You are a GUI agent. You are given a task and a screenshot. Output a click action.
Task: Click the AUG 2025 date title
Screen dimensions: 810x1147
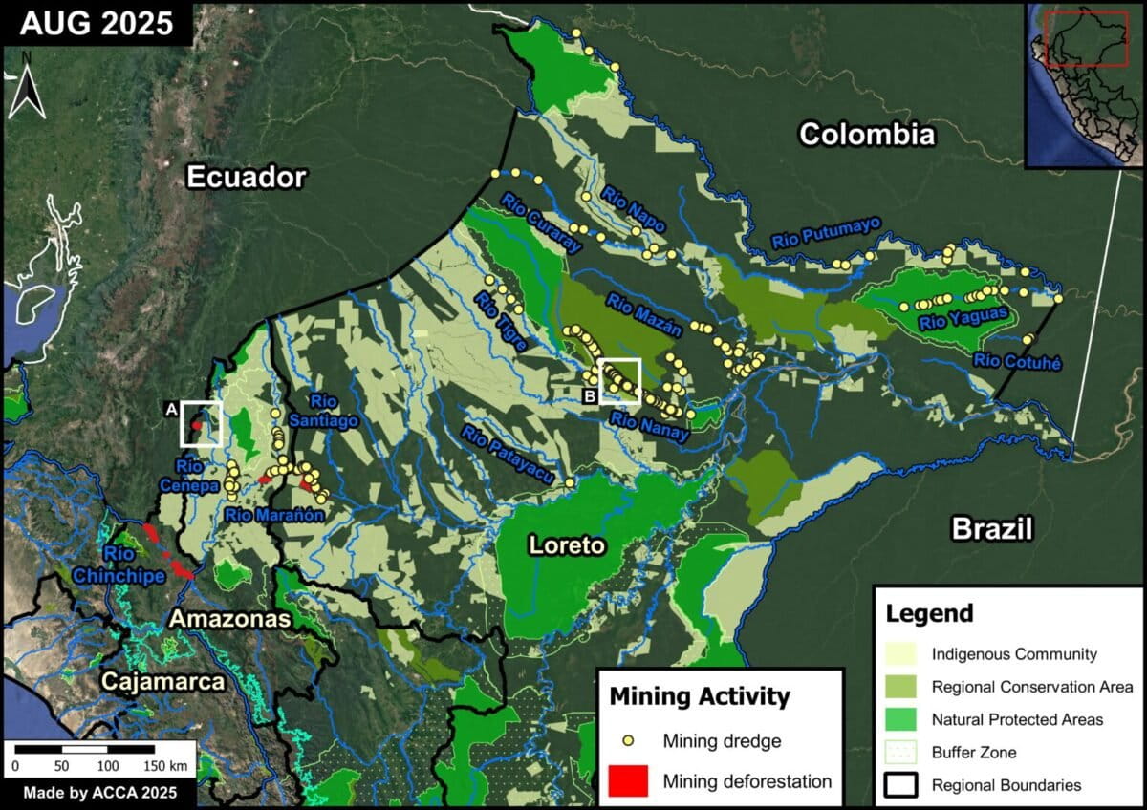point(96,24)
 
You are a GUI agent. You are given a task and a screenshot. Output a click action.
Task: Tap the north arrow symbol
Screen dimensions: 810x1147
point(28,86)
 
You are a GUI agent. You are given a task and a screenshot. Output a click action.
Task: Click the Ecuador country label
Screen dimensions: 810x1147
point(246,177)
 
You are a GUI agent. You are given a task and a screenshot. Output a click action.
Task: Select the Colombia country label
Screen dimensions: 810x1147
point(866,134)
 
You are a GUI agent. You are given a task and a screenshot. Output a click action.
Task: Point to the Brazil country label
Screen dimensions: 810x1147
point(992,528)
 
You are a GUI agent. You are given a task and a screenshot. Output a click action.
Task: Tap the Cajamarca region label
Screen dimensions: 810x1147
point(163,682)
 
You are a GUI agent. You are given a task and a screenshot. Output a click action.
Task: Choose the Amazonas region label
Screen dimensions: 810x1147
point(229,619)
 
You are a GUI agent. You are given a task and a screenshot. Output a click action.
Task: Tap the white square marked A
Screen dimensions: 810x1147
point(202,424)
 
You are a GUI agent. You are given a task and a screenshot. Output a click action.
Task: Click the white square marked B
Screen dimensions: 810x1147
point(619,381)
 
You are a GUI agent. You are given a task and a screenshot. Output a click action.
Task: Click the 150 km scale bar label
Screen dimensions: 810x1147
point(165,766)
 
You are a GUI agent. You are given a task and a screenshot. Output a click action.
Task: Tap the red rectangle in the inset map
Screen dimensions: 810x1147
point(1086,38)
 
